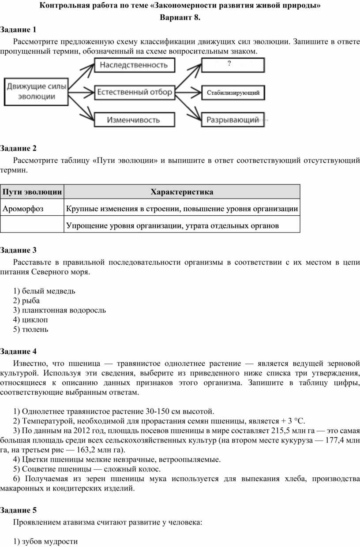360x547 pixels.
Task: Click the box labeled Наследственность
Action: pos(134,65)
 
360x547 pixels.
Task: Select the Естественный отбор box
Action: pos(134,93)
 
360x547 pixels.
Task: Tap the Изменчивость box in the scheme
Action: pos(134,120)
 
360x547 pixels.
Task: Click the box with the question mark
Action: pos(233,65)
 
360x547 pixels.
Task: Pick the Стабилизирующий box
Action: pos(233,93)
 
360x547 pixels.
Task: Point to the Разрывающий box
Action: pos(233,120)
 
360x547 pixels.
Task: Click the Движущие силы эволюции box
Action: pos(37,92)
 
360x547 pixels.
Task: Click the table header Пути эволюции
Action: pos(32,192)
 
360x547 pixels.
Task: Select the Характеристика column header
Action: pos(182,192)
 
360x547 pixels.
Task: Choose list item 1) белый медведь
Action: pos(44,291)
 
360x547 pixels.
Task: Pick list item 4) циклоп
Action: pos(30,319)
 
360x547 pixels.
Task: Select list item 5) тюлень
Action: pos(31,329)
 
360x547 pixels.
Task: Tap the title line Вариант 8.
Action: pos(180,18)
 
